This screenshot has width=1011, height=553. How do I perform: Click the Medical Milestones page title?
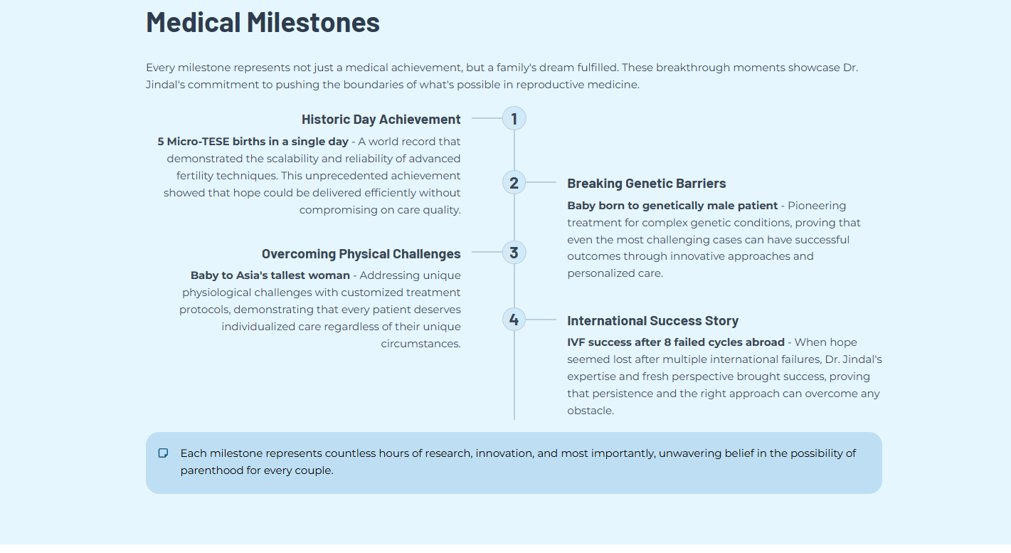pyautogui.click(x=263, y=22)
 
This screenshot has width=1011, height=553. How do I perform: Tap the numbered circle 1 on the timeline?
pyautogui.click(x=514, y=118)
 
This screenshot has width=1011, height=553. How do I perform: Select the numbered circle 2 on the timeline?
pyautogui.click(x=514, y=183)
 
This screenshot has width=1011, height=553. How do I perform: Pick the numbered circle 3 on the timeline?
pyautogui.click(x=514, y=253)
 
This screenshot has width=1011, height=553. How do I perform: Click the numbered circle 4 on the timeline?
pyautogui.click(x=514, y=320)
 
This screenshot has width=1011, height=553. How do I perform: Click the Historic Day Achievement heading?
pyautogui.click(x=381, y=120)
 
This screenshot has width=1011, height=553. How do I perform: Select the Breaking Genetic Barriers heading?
pyautogui.click(x=646, y=184)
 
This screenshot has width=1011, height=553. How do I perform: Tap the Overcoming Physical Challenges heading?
pyautogui.click(x=361, y=254)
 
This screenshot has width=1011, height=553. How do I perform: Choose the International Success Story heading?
pyautogui.click(x=652, y=321)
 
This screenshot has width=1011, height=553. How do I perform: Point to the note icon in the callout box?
pyautogui.click(x=163, y=453)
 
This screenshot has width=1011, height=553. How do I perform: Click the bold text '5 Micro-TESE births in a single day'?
pyautogui.click(x=253, y=142)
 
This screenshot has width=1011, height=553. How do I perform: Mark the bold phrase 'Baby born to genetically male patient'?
pyautogui.click(x=672, y=206)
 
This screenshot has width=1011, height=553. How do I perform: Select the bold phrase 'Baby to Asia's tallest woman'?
pyautogui.click(x=270, y=275)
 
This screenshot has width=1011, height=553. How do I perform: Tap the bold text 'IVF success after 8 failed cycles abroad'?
pyautogui.click(x=675, y=342)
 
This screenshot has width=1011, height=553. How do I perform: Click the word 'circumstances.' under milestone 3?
pyautogui.click(x=420, y=344)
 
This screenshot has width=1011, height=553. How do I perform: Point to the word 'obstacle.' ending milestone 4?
pyautogui.click(x=590, y=411)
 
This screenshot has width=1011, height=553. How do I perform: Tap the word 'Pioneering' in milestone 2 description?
pyautogui.click(x=817, y=206)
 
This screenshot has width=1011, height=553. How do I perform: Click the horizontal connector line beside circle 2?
pyautogui.click(x=541, y=183)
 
